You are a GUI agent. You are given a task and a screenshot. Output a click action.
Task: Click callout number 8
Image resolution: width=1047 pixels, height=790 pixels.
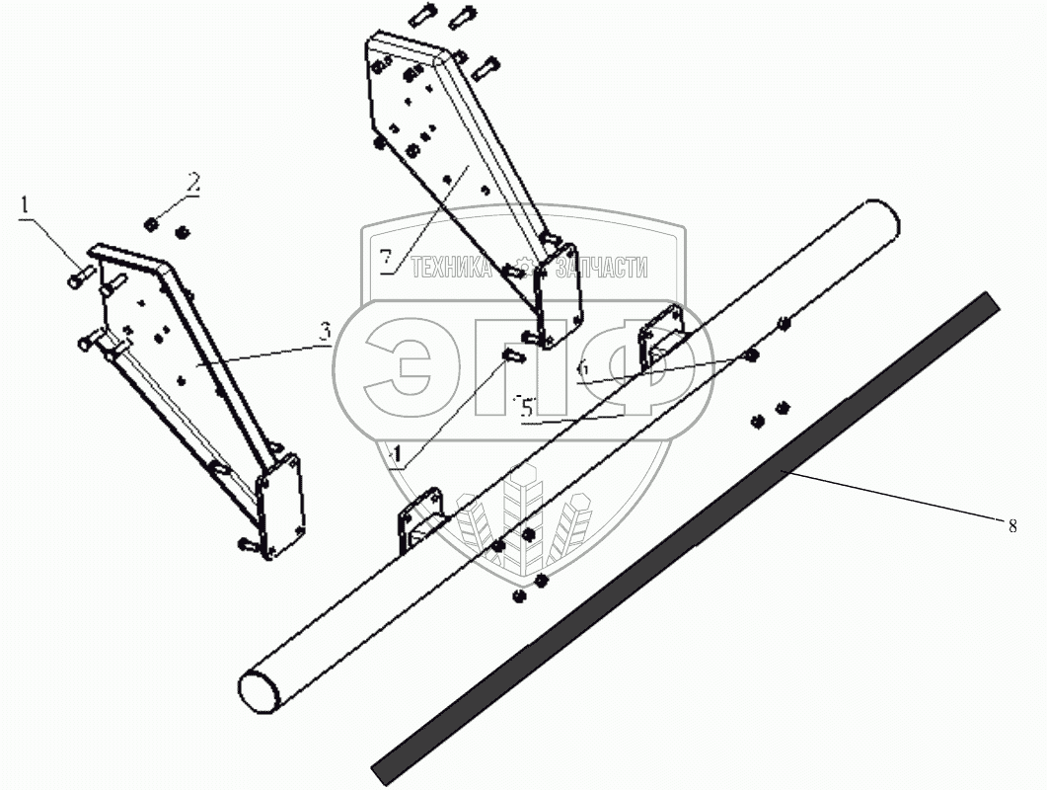click(x=1011, y=526)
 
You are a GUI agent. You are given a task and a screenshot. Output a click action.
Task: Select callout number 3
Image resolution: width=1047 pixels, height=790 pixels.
click(x=327, y=333)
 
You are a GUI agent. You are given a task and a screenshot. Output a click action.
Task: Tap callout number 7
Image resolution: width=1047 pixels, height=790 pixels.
click(x=386, y=259)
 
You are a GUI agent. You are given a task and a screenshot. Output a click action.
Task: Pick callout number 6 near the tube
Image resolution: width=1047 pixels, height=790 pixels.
click(x=583, y=367)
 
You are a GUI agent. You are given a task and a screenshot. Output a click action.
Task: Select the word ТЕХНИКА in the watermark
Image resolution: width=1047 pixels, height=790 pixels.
click(x=450, y=268)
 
